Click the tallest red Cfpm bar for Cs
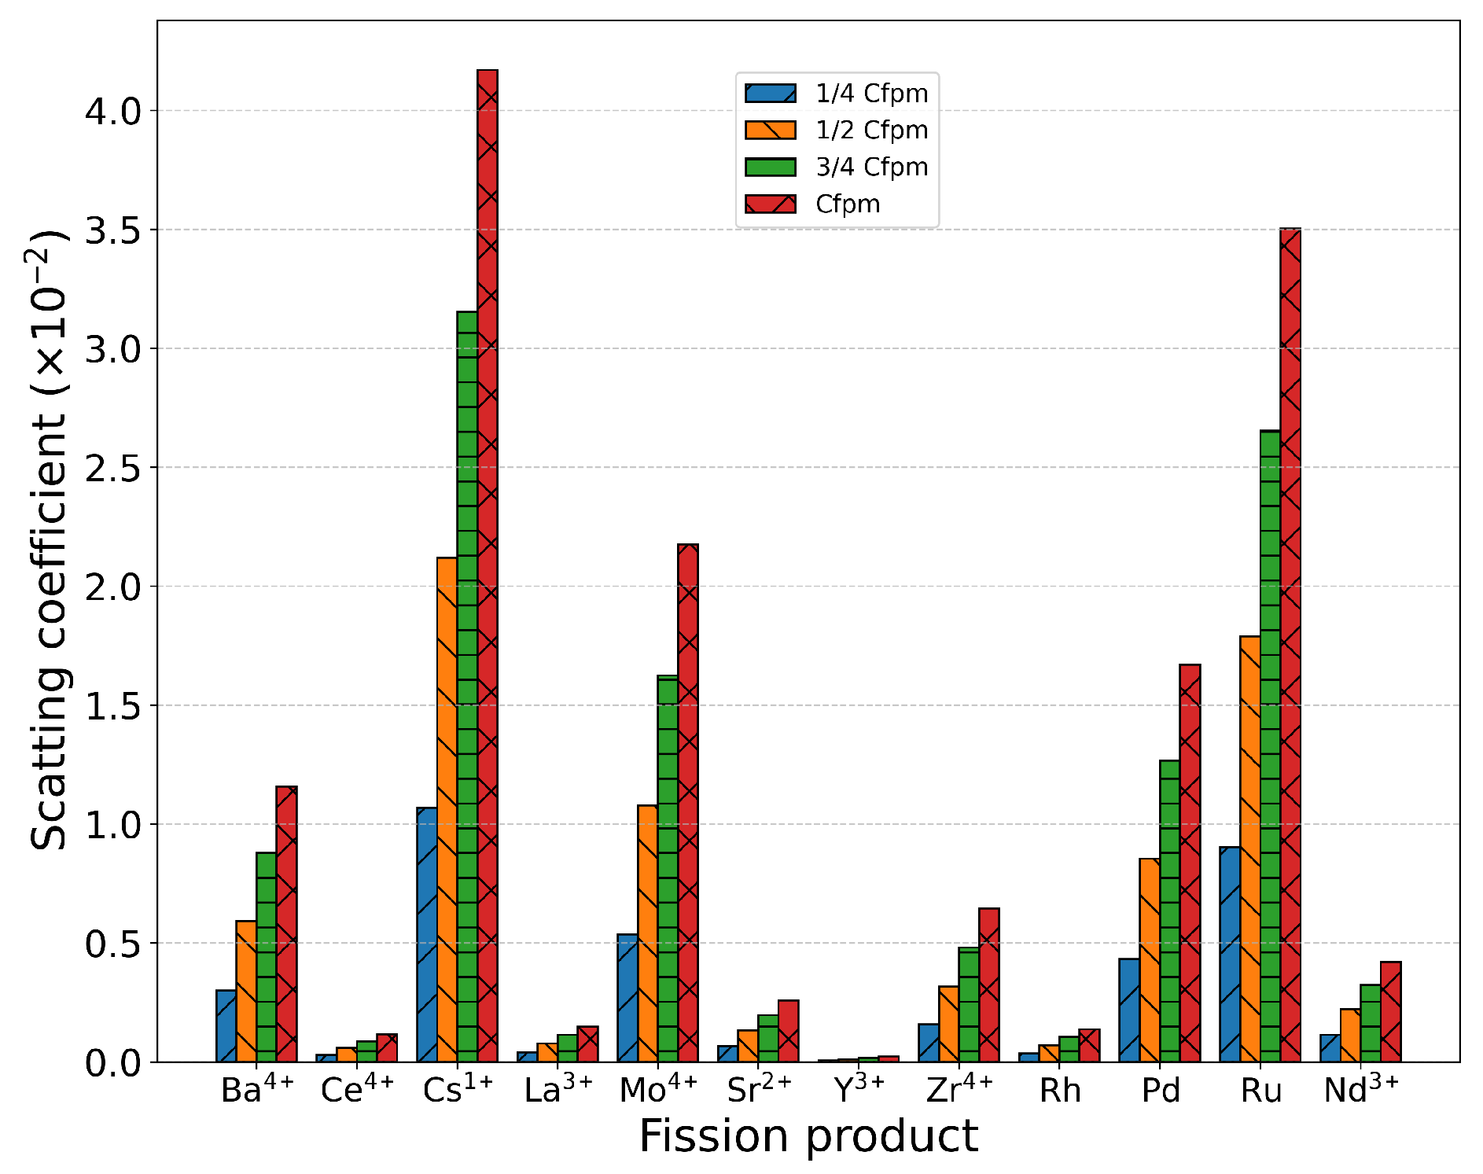click(487, 566)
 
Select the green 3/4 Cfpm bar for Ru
click(1270, 747)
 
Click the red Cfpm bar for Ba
click(286, 924)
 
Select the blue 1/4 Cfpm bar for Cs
click(427, 935)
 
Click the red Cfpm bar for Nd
click(1390, 1012)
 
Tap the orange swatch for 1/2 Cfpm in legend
click(770, 131)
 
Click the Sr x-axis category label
click(759, 1089)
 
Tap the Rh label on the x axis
click(1060, 1091)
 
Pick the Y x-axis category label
click(859, 1089)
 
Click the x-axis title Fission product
click(808, 1136)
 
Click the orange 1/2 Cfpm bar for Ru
click(1249, 849)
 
